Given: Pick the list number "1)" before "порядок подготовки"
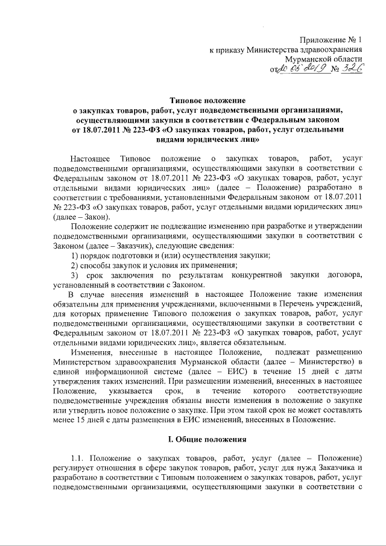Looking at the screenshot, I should [x=75, y=256].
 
